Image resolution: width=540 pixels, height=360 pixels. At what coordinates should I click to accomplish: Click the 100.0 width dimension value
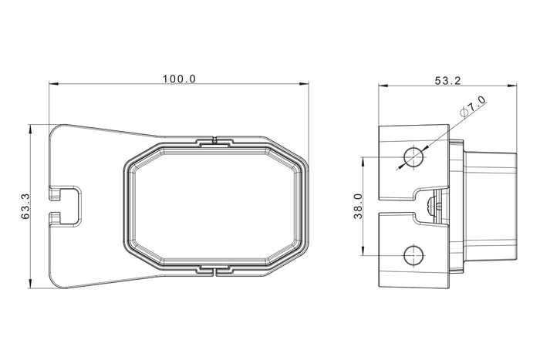180,79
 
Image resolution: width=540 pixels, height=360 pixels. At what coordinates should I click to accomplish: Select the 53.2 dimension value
447,79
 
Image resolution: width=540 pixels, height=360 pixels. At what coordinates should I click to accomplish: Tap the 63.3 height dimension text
26,206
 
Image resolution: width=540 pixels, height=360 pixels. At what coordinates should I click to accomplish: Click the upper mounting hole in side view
413,157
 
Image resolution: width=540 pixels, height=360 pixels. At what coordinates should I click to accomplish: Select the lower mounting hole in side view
413,254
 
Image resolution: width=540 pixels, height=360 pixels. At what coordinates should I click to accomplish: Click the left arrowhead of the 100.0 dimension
52,84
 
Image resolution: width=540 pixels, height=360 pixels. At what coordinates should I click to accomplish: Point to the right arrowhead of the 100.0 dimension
305,84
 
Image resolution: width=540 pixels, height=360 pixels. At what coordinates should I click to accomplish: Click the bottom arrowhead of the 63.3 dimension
31,283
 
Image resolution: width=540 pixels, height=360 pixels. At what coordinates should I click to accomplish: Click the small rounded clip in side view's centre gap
430,206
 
